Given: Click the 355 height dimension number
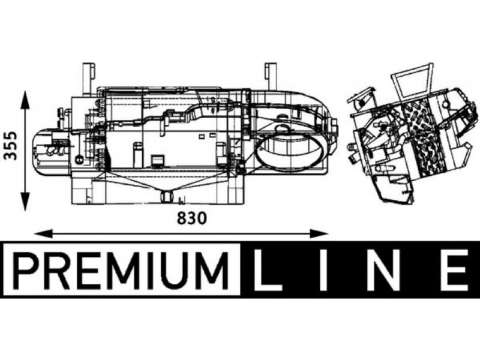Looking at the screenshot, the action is click(x=11, y=146).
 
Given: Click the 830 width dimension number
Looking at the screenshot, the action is click(x=192, y=218).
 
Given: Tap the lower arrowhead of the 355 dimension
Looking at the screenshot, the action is click(x=25, y=202).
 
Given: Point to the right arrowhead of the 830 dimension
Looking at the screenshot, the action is click(x=319, y=233).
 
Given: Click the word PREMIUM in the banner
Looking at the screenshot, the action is click(x=122, y=269).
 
